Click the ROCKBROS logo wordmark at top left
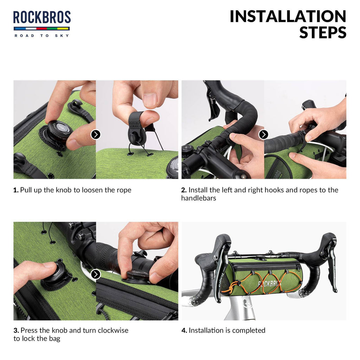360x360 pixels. pos(42,17)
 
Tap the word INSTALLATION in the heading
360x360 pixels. pos(288,17)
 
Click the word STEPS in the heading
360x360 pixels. pos(323,32)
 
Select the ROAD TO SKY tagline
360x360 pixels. pos(42,36)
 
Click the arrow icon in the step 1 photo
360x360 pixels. pos(96,135)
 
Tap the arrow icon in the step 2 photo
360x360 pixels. pos(264,135)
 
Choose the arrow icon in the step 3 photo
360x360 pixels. pos(96,274)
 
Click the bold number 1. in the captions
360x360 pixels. pos(16,190)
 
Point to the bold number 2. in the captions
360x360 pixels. pos(184,190)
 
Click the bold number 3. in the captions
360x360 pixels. pos(16,330)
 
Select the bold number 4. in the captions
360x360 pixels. pos(184,330)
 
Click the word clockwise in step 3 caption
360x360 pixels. pos(113,330)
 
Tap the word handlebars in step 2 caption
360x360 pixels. pos(199,198)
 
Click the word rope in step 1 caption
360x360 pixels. pos(125,190)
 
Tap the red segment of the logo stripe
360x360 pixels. pos(41,29)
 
